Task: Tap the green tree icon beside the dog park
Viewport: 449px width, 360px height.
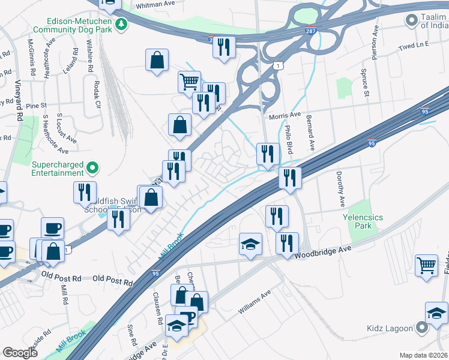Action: click(122, 23)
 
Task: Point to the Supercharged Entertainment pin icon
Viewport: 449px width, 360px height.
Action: click(92, 167)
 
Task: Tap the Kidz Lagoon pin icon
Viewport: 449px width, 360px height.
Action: click(422, 328)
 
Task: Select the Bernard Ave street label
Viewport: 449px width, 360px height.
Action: click(310, 133)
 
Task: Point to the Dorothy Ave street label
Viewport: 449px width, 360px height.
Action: click(342, 188)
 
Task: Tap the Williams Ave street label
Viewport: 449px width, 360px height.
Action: click(255, 303)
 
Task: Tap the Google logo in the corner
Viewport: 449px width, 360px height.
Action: click(20, 353)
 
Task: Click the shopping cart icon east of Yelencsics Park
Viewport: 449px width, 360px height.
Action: click(426, 265)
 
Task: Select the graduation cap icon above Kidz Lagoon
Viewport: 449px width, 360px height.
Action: click(436, 313)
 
